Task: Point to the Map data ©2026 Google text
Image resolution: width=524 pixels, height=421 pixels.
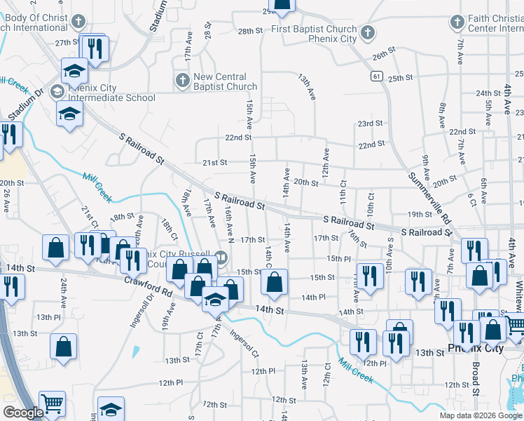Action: pyautogui.click(x=480, y=415)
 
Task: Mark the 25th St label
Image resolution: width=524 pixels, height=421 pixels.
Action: pyautogui.click(x=400, y=77)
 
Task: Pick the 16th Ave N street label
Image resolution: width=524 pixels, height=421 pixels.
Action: pyautogui.click(x=228, y=220)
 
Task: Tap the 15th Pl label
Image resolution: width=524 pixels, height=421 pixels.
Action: pyautogui.click(x=338, y=259)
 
